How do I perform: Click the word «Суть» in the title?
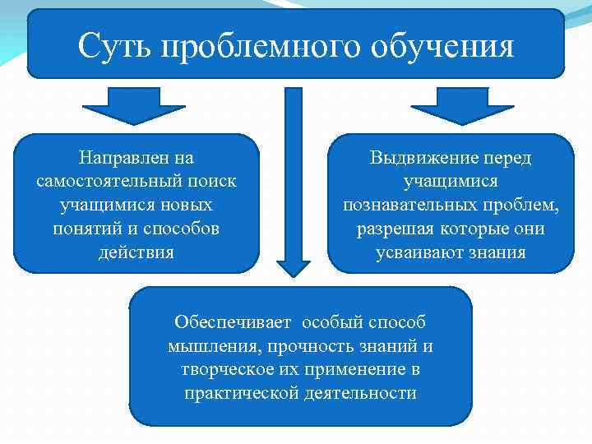pos(115,46)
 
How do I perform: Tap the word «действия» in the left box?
pos(136,252)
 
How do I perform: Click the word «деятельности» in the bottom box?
pos(366,393)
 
